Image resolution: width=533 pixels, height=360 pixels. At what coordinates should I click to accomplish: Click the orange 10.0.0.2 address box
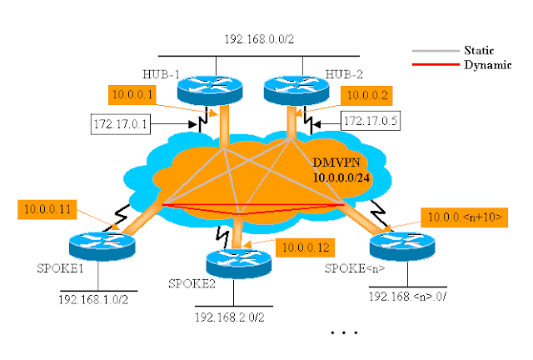(367, 94)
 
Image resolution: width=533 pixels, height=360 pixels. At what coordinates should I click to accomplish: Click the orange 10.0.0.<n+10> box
(461, 217)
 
